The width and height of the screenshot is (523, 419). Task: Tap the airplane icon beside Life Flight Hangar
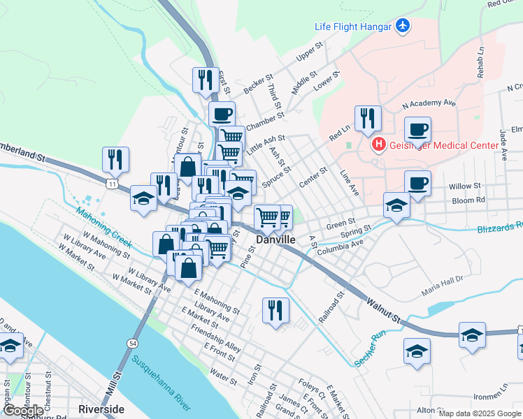[402, 26]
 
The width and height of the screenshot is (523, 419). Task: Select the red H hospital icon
[378, 145]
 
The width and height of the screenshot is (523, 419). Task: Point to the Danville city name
[275, 239]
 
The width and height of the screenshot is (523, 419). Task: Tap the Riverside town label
[101, 409]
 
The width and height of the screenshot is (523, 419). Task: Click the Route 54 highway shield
[132, 343]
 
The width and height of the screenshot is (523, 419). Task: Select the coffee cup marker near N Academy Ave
[417, 129]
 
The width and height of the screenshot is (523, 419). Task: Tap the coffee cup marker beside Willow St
[417, 183]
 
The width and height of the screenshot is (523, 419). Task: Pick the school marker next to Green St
[396, 206]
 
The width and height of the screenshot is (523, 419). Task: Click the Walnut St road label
[382, 310]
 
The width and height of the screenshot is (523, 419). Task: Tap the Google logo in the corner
[23, 410]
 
